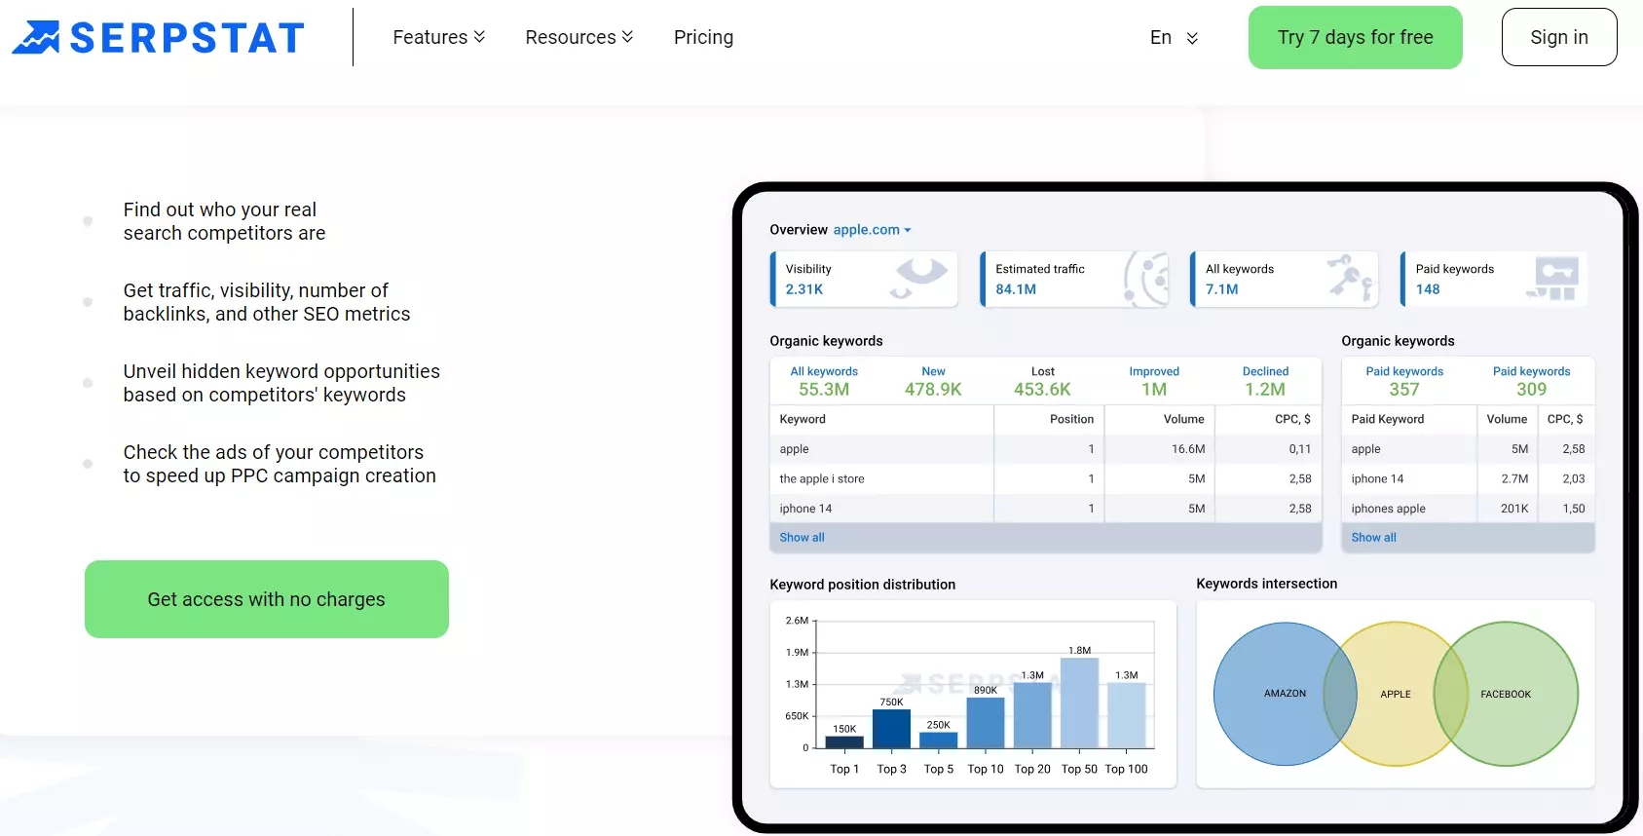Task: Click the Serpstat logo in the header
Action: point(158,37)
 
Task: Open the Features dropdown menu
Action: point(438,37)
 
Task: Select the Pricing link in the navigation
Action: point(703,37)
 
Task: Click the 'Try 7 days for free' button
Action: point(1355,37)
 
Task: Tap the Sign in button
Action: point(1558,37)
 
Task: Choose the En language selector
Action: point(1174,37)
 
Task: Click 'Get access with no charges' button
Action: point(266,599)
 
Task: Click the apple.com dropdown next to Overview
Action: point(872,230)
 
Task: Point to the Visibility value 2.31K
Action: point(803,289)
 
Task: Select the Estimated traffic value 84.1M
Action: point(1016,289)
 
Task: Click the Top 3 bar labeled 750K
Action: point(891,729)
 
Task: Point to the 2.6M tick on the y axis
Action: point(798,621)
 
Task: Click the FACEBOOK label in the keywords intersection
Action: point(1505,694)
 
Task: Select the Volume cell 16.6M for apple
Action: point(1188,448)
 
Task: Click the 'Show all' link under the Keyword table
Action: point(802,537)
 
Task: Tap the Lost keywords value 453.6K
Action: point(1042,389)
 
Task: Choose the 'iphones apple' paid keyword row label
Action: point(1389,508)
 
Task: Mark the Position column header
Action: point(1071,419)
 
